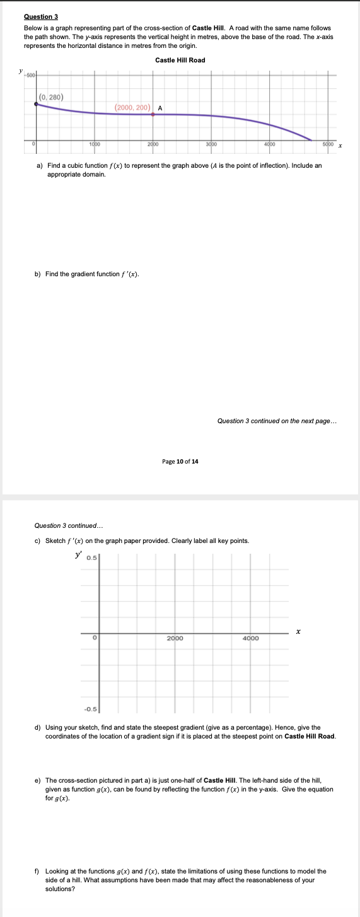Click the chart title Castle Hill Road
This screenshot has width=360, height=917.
click(180, 61)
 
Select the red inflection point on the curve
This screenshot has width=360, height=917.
click(153, 114)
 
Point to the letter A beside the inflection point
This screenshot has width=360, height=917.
click(160, 108)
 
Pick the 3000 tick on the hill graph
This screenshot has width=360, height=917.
click(211, 145)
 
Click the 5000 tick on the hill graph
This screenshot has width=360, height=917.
click(327, 145)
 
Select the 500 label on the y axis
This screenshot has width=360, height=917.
click(31, 74)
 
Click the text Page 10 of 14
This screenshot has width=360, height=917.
click(180, 462)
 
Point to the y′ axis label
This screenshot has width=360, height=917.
click(78, 554)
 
